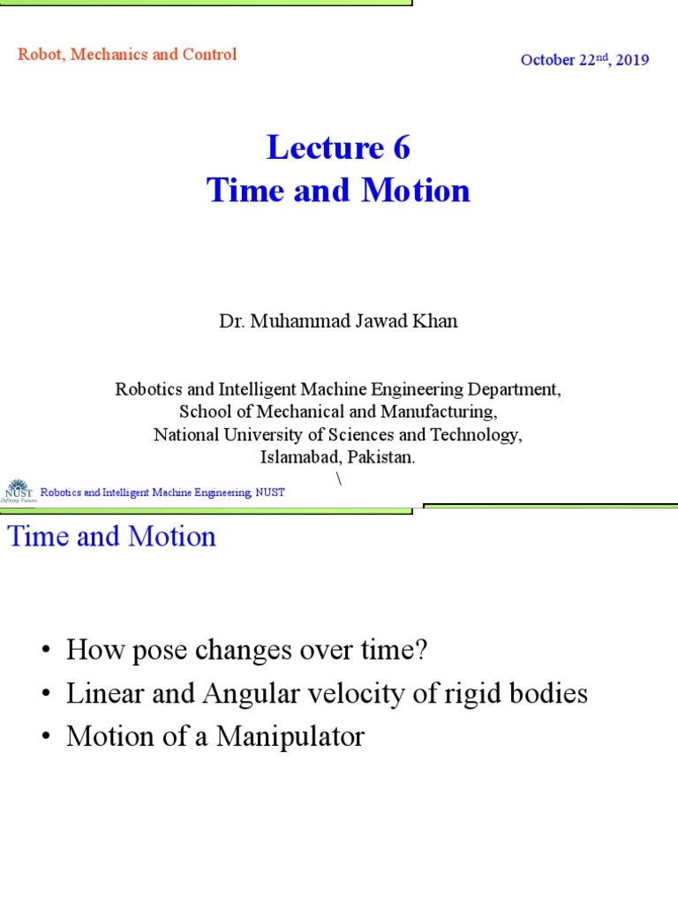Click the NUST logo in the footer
coord(19,491)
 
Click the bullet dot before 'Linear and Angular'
coord(46,695)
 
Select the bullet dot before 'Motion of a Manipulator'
coord(46,737)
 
